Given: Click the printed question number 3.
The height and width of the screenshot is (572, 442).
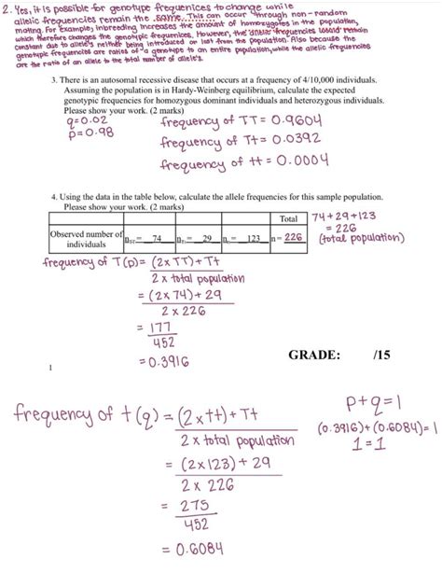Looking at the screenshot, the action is [55, 81].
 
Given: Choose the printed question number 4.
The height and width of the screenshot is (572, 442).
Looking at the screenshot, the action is [55, 198].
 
